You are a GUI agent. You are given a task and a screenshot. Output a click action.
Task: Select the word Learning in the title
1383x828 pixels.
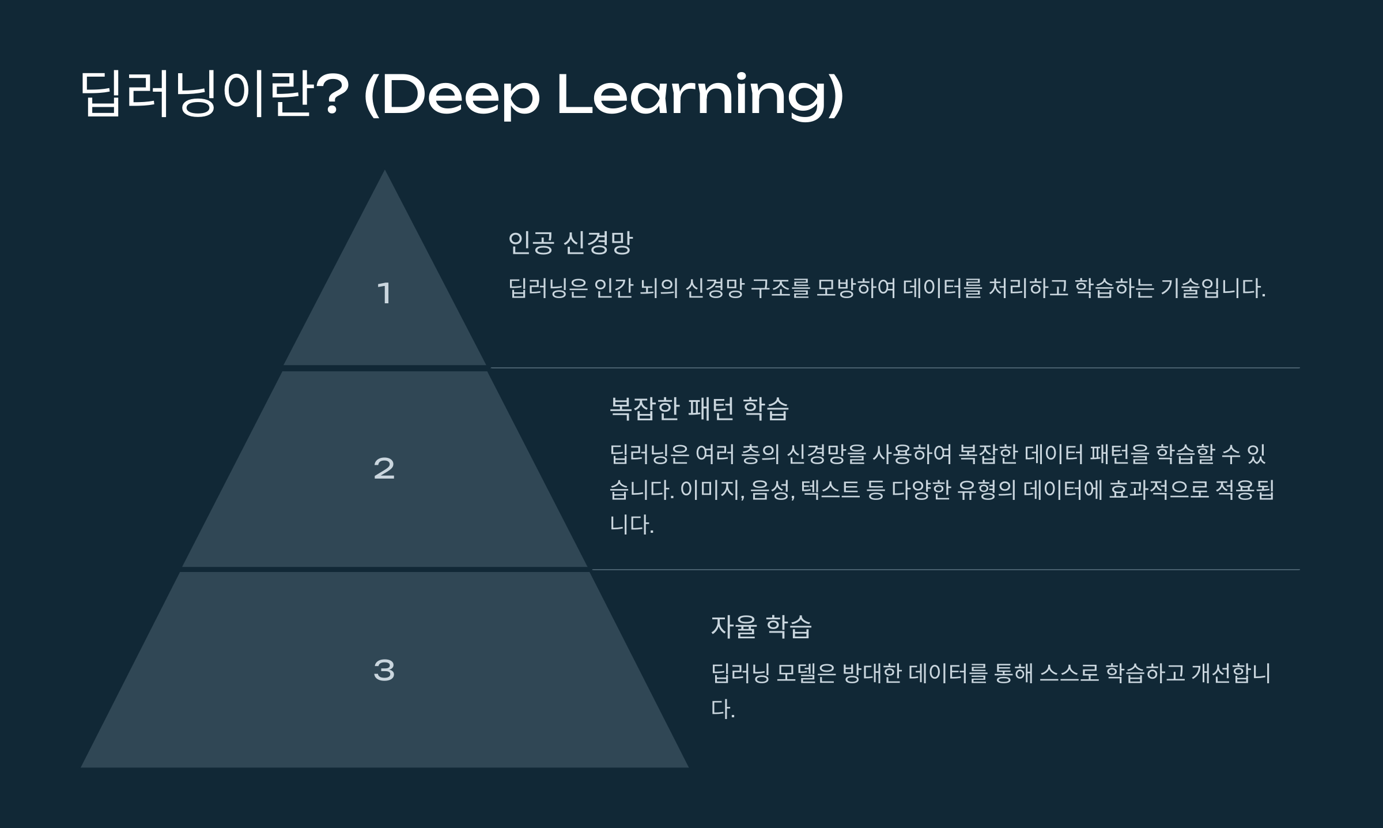(x=694, y=95)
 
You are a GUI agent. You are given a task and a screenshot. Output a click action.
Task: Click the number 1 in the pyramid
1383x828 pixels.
(x=384, y=293)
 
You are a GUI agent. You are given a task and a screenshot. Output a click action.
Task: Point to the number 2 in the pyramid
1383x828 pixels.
(x=384, y=468)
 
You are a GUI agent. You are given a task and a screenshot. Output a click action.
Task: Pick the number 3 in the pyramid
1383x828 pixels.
(x=384, y=670)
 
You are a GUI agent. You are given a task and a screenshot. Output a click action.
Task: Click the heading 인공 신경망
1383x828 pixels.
(x=570, y=243)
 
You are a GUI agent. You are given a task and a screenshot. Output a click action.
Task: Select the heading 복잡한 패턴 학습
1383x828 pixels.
(x=699, y=409)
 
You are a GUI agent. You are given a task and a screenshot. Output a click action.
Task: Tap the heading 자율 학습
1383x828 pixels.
(x=761, y=627)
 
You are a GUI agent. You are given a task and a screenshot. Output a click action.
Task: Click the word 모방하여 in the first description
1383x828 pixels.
(x=856, y=288)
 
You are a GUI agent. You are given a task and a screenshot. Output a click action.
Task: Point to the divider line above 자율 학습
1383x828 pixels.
(x=945, y=570)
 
